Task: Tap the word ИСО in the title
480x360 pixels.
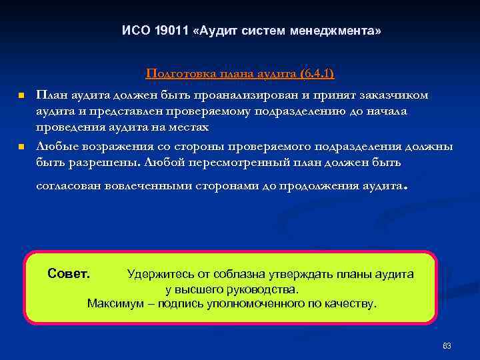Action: coord(135,31)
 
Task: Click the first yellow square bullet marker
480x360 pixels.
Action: coord(21,96)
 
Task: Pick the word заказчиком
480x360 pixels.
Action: coord(393,95)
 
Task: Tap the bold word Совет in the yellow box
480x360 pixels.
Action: coord(69,273)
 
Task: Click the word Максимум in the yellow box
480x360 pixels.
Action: coord(113,303)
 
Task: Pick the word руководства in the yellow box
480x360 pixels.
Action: coord(266,289)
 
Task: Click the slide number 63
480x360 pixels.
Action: coord(447,345)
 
